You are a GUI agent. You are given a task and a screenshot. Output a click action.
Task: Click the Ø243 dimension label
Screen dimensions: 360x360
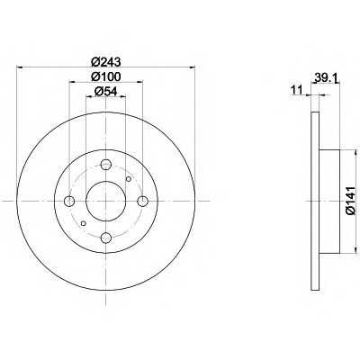(x=105, y=62)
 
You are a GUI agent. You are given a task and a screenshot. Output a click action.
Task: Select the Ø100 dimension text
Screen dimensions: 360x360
(x=105, y=76)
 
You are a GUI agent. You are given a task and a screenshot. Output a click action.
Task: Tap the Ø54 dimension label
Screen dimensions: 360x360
(x=105, y=92)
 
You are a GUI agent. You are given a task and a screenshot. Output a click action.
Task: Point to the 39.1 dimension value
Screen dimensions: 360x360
(x=327, y=79)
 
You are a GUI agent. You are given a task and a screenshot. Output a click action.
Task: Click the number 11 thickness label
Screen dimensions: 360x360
(x=297, y=90)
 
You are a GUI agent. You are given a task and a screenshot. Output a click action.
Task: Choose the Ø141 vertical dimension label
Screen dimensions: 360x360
(x=350, y=201)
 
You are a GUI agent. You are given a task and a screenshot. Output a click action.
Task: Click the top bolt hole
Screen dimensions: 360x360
(x=106, y=164)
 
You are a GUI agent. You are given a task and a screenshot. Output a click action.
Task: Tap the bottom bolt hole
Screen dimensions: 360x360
(x=106, y=238)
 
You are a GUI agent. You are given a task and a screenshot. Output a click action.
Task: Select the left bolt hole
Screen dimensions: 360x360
(x=69, y=201)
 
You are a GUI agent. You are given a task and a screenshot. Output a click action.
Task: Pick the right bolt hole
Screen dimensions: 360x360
(x=142, y=201)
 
